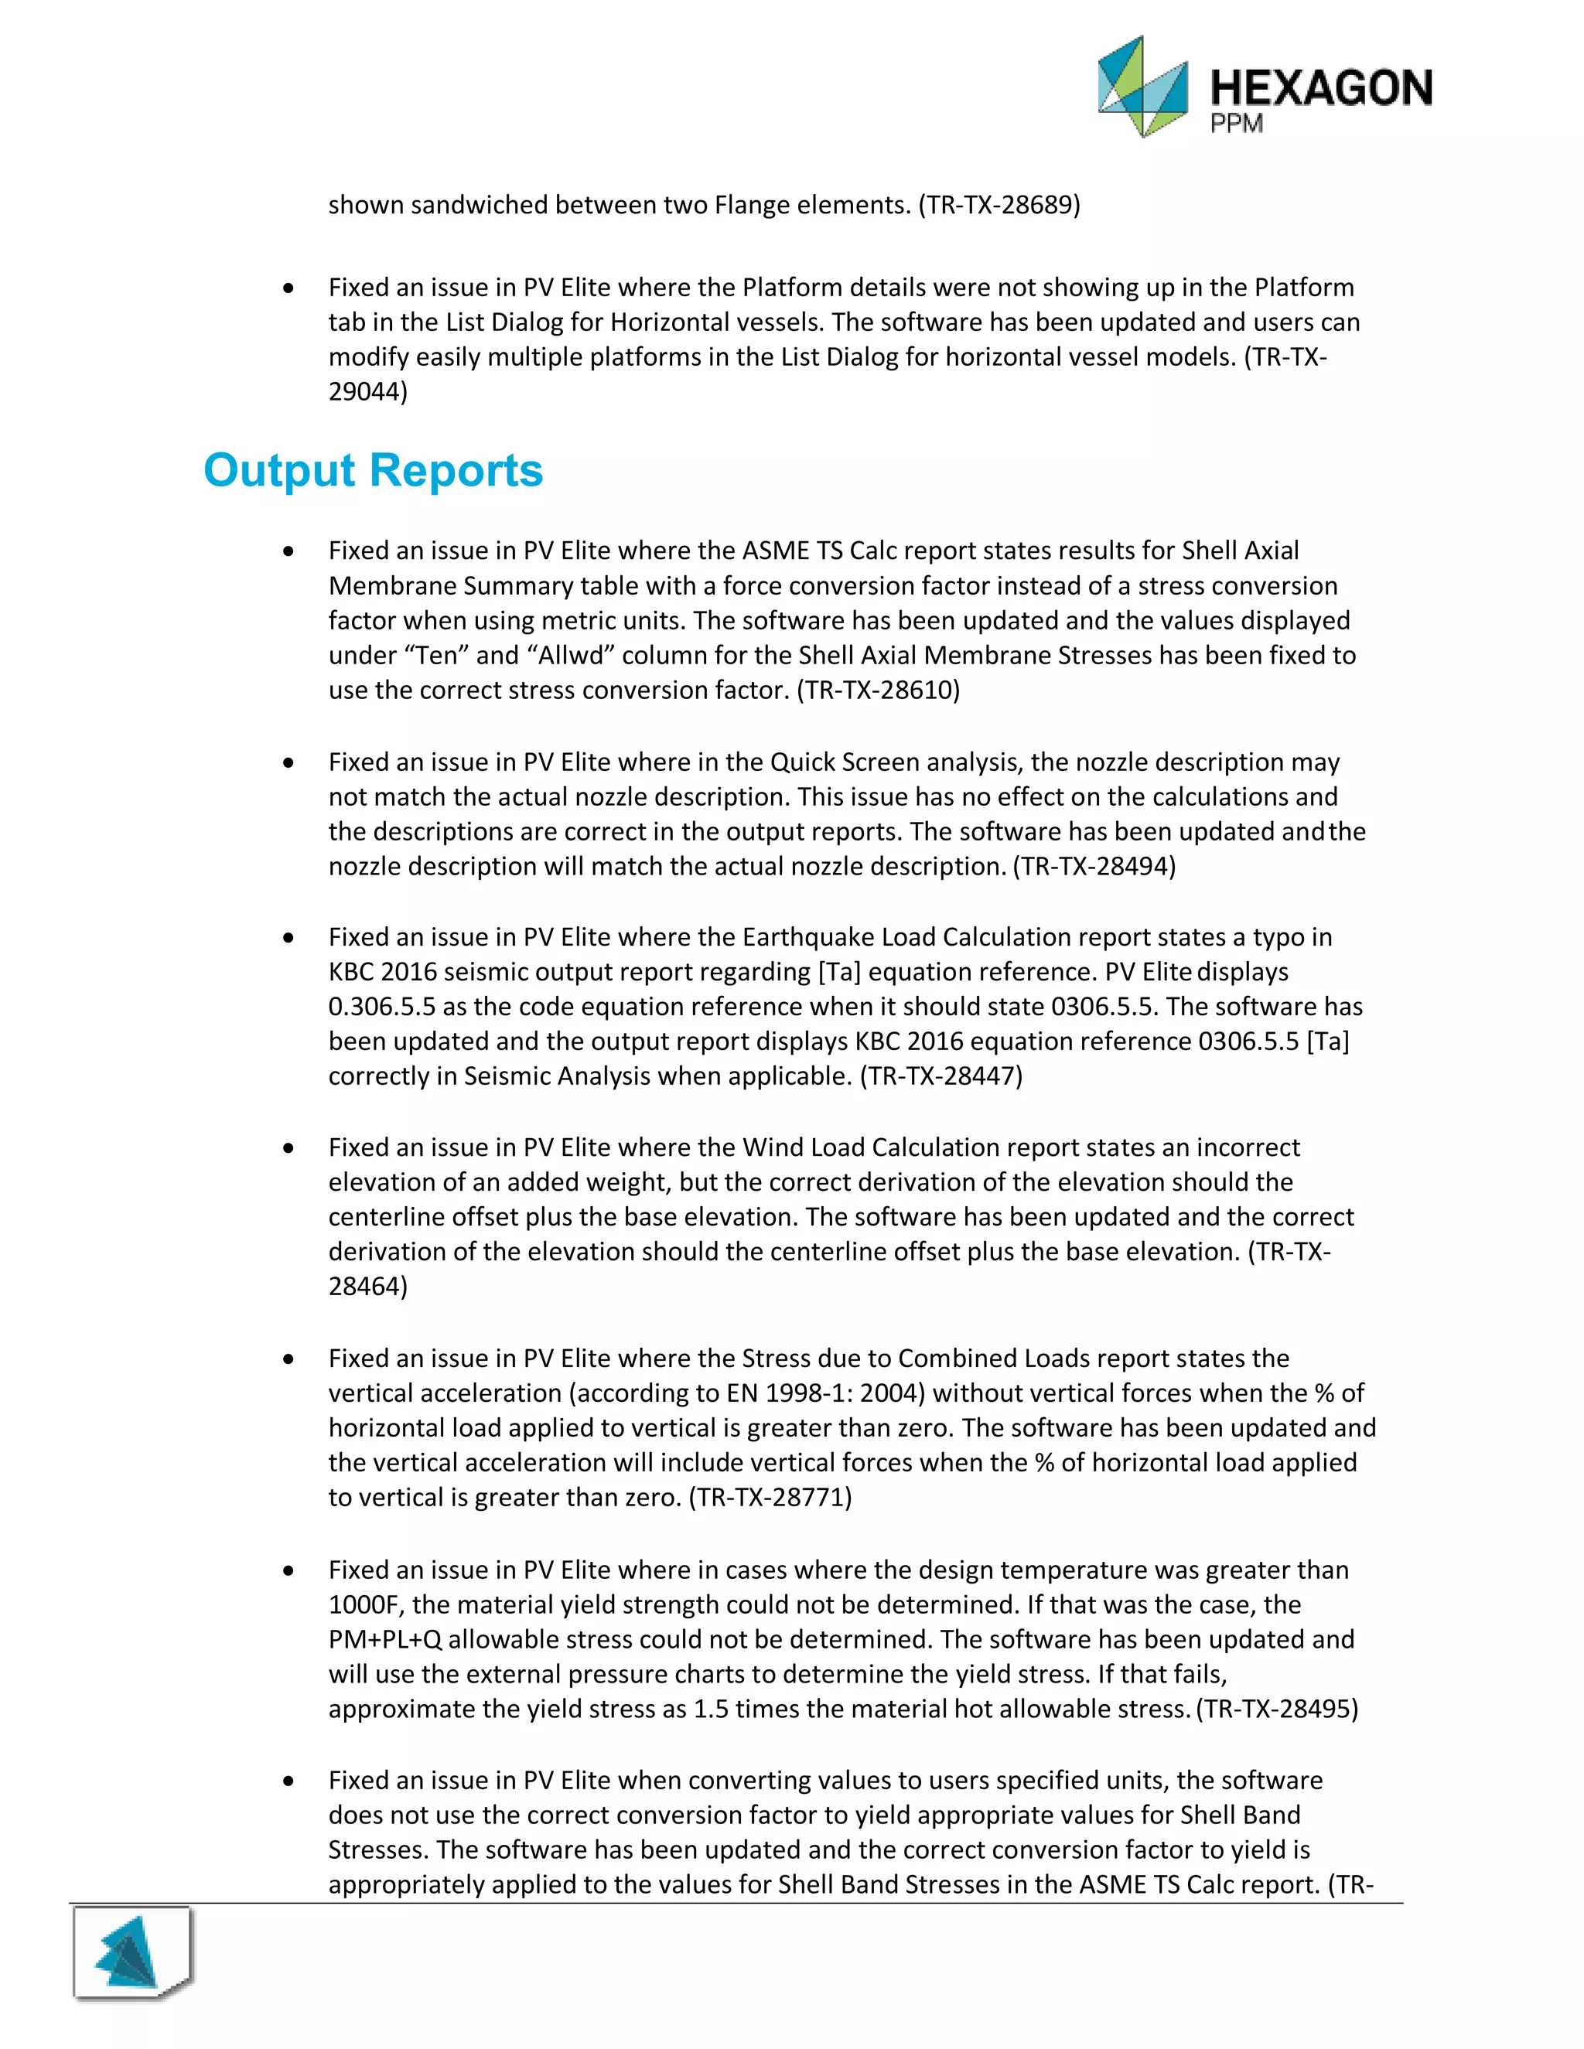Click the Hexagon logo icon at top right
[1143, 87]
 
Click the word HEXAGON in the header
[1321, 88]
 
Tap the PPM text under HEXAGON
[1236, 124]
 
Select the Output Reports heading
[374, 470]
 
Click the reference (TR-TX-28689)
[999, 205]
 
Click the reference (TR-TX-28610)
[879, 690]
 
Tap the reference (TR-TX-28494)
[1094, 865]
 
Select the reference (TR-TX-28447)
[941, 1076]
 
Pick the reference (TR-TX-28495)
[1277, 1709]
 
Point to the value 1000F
[366, 1604]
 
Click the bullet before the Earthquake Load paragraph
[288, 937]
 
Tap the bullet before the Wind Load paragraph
[288, 1147]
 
